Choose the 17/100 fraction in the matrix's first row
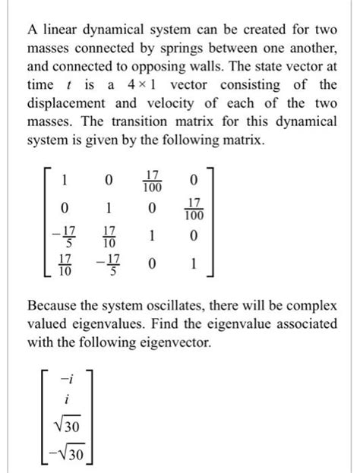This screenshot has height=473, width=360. pyautogui.click(x=153, y=181)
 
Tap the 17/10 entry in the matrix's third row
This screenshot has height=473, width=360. pyautogui.click(x=109, y=237)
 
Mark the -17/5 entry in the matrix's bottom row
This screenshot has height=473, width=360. pyautogui.click(x=109, y=266)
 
